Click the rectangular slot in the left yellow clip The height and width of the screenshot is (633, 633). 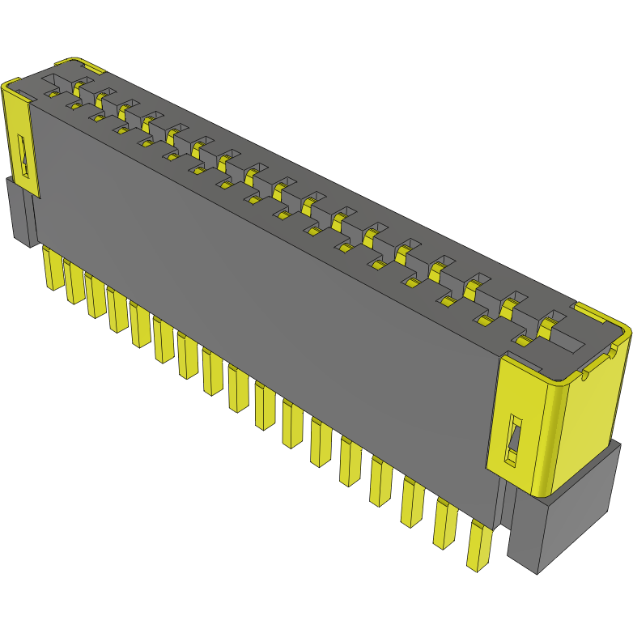click(x=25, y=157)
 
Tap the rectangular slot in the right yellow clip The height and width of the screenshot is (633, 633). click(x=514, y=441)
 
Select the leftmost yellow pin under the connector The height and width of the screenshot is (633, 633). click(x=53, y=269)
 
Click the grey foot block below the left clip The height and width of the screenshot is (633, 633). click(x=19, y=212)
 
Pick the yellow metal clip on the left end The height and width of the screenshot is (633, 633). click(x=19, y=138)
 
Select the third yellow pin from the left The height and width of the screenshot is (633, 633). click(x=95, y=295)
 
